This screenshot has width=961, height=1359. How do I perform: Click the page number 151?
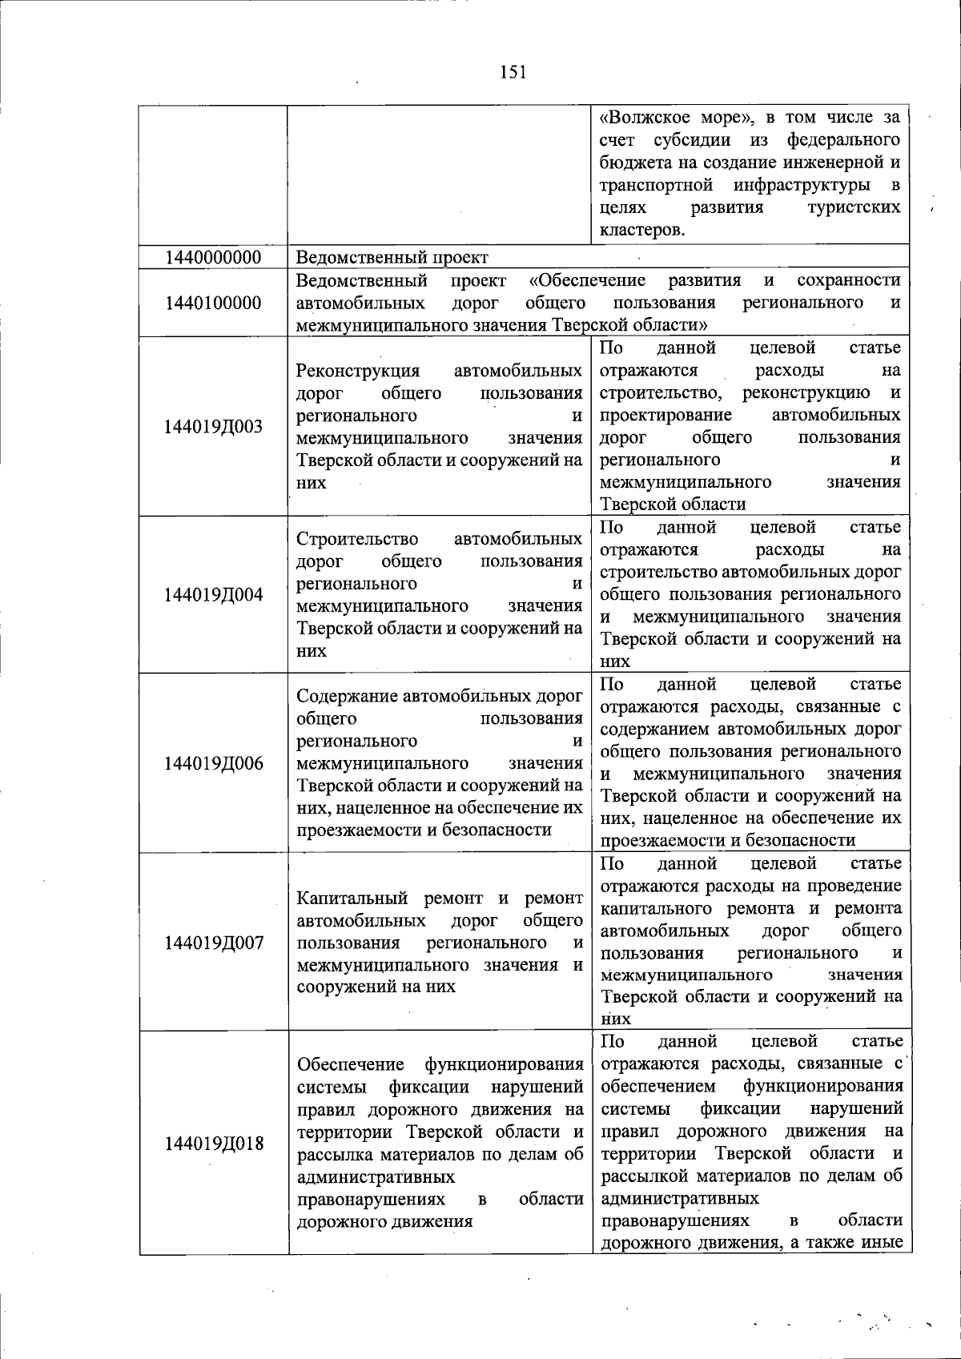[513, 72]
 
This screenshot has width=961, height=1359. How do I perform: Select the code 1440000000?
[213, 258]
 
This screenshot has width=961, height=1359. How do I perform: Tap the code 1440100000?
[213, 303]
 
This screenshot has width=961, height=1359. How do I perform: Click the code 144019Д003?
[213, 427]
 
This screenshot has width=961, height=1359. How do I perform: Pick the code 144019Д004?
[213, 595]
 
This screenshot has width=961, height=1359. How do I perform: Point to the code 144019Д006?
[213, 763]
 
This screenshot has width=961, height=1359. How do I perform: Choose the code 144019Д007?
[213, 943]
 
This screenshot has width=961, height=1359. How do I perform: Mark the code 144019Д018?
[213, 1144]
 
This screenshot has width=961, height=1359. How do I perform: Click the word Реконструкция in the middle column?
[358, 371]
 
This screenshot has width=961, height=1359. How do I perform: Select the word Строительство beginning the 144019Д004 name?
[357, 539]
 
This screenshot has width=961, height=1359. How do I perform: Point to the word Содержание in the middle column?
[345, 696]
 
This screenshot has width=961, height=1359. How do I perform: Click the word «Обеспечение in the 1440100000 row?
[588, 280]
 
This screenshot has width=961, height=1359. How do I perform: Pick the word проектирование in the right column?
[665, 415]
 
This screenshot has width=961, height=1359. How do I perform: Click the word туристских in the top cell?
[854, 208]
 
